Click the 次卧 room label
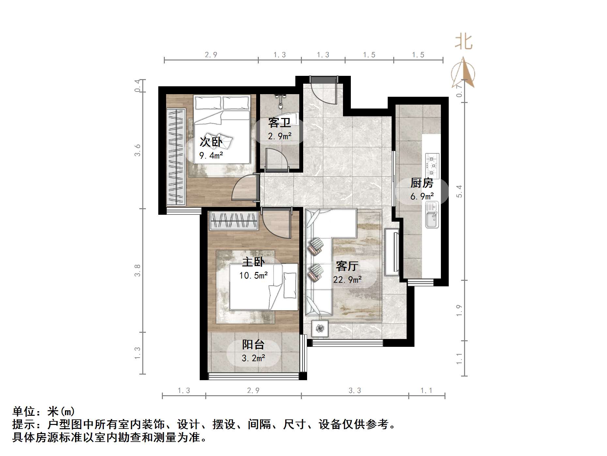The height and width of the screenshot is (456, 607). tap(211, 142)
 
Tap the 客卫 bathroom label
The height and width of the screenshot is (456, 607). tap(279, 123)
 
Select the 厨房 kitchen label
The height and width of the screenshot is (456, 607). tap(422, 183)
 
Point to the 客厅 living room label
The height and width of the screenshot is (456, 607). tap(347, 266)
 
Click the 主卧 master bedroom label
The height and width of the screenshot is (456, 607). tap(253, 262)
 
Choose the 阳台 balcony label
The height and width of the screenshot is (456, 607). tap(253, 345)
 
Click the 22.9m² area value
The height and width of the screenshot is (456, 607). tap(347, 280)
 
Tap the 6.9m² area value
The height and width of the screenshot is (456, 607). tap(422, 196)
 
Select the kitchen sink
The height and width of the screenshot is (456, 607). tap(432, 214)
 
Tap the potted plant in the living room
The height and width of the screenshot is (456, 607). tap(320, 328)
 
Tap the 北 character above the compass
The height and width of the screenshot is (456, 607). tap(464, 42)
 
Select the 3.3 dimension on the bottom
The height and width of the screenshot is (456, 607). tap(355, 390)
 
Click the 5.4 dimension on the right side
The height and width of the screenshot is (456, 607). tap(459, 191)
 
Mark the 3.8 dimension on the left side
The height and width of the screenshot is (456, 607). tap(137, 270)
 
